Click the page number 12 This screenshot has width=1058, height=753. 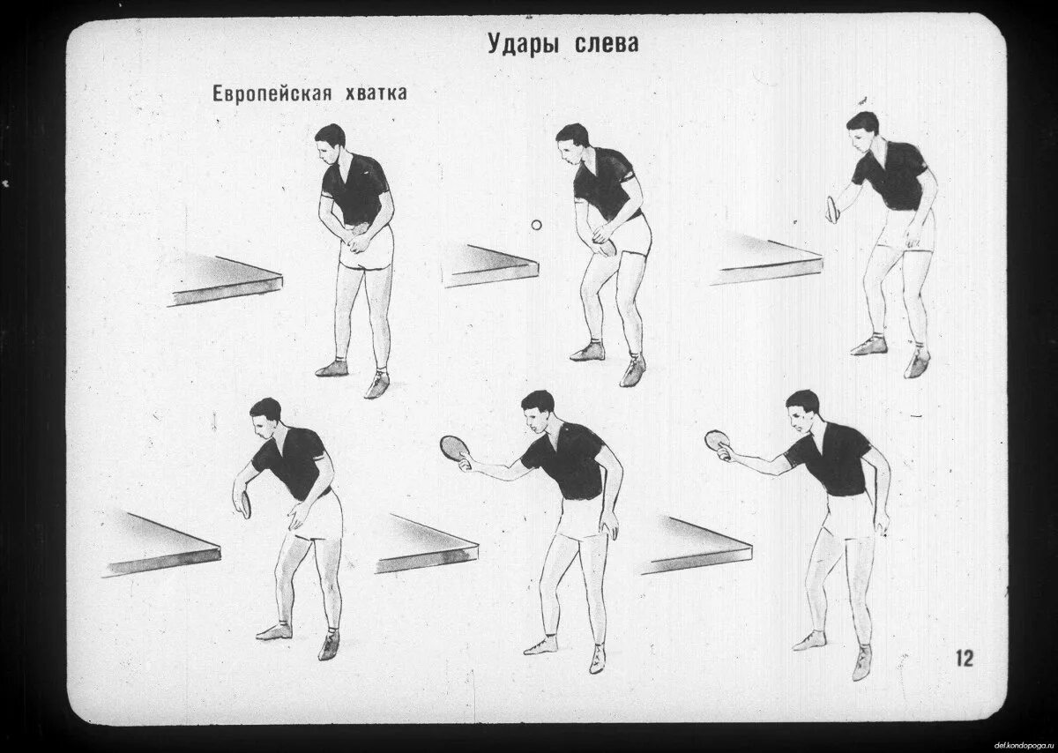(x=965, y=658)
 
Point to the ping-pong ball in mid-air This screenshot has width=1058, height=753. (x=535, y=226)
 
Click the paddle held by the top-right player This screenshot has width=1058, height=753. (x=832, y=209)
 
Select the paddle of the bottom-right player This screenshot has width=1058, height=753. (x=717, y=440)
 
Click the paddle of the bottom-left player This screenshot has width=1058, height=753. (x=243, y=504)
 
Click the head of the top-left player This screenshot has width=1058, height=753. (x=331, y=141)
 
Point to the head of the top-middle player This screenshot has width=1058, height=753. (x=572, y=141)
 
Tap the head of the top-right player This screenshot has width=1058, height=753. (x=861, y=127)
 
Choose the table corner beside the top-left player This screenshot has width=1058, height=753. (x=227, y=278)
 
